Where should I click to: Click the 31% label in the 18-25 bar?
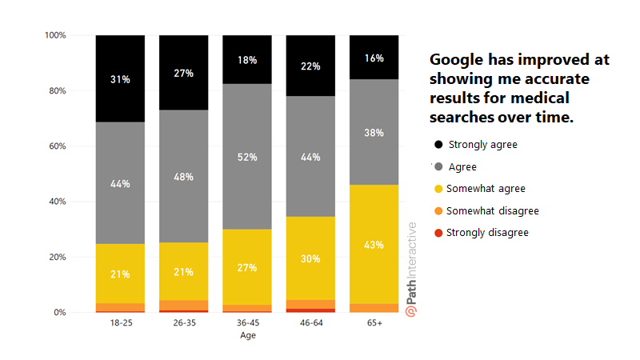[x=120, y=78]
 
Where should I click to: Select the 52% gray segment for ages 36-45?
[x=247, y=157]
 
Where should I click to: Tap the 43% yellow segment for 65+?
[x=374, y=244]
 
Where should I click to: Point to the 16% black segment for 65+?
[x=374, y=58]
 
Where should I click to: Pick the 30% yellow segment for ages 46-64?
[x=311, y=258]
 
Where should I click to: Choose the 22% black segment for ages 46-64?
[x=311, y=66]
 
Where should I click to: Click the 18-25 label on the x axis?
[x=120, y=324]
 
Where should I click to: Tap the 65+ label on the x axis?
[x=374, y=324]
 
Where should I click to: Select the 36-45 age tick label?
[x=247, y=324]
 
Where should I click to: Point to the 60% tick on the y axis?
[x=55, y=146]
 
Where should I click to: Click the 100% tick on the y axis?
[x=55, y=35]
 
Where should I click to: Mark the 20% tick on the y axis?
[x=55, y=257]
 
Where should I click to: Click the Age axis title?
[x=247, y=336]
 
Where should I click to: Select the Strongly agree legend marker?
[x=438, y=145]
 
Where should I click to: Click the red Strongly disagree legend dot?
[x=438, y=233]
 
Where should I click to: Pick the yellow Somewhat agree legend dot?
[x=438, y=189]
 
